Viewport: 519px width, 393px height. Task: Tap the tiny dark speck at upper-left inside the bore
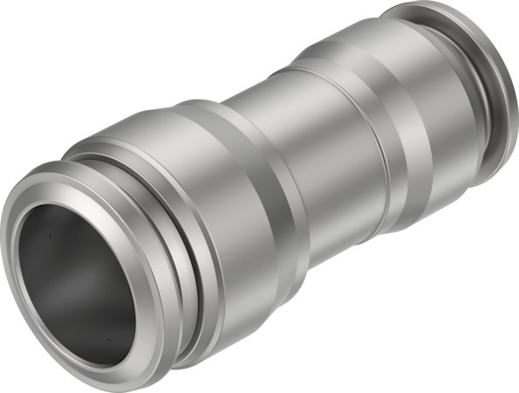pyautogui.click(x=50, y=234)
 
